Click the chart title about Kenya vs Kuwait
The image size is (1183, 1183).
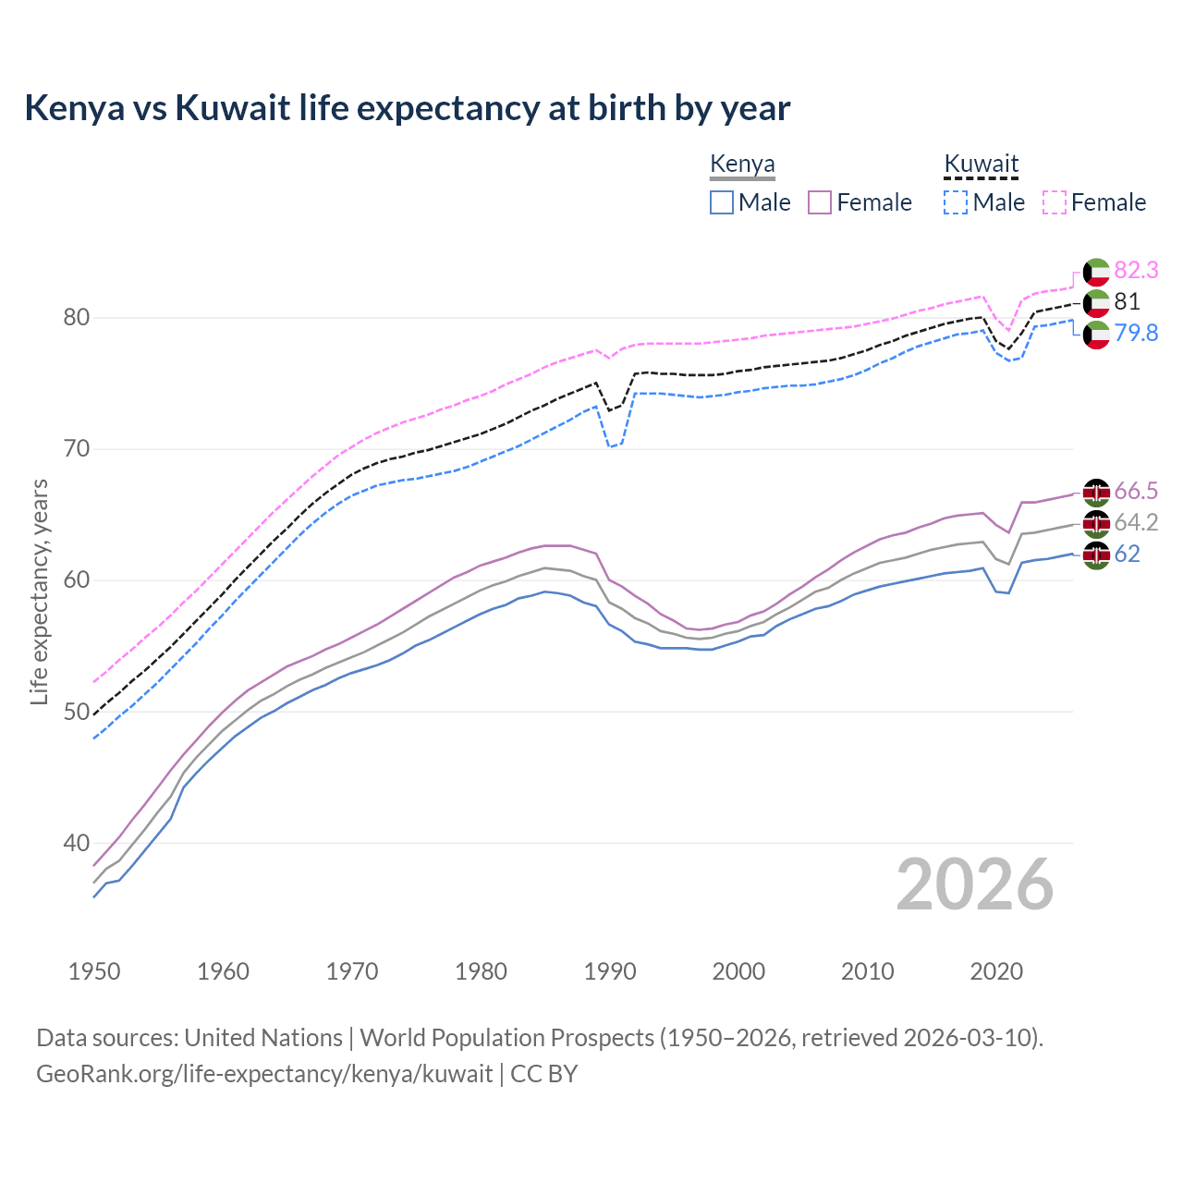pyautogui.click(x=407, y=108)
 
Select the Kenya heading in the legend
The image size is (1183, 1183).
pyautogui.click(x=742, y=165)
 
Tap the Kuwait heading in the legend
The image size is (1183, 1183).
pyautogui.click(x=981, y=165)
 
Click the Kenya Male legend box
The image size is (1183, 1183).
pyautogui.click(x=722, y=202)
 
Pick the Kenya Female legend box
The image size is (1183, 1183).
pyautogui.click(x=820, y=202)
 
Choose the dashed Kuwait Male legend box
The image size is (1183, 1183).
pyautogui.click(x=956, y=202)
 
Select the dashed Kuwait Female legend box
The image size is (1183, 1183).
pyautogui.click(x=1055, y=202)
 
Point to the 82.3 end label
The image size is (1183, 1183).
pyautogui.click(x=1136, y=270)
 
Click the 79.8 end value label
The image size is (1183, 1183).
pyautogui.click(x=1136, y=333)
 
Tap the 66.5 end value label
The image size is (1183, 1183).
pyautogui.click(x=1136, y=491)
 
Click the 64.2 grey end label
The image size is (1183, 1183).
pyautogui.click(x=1136, y=522)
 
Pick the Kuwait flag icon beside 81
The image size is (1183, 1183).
pyautogui.click(x=1096, y=302)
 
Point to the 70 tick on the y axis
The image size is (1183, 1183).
pyautogui.click(x=77, y=449)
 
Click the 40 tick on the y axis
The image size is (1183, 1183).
pyautogui.click(x=77, y=843)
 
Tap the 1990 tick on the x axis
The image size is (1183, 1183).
pyautogui.click(x=610, y=971)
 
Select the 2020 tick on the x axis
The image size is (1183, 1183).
pyautogui.click(x=996, y=971)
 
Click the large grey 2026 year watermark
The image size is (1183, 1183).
pyautogui.click(x=975, y=884)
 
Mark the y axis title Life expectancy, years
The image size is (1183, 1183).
pyautogui.click(x=40, y=591)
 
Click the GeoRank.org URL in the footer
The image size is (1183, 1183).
pyautogui.click(x=264, y=1074)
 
